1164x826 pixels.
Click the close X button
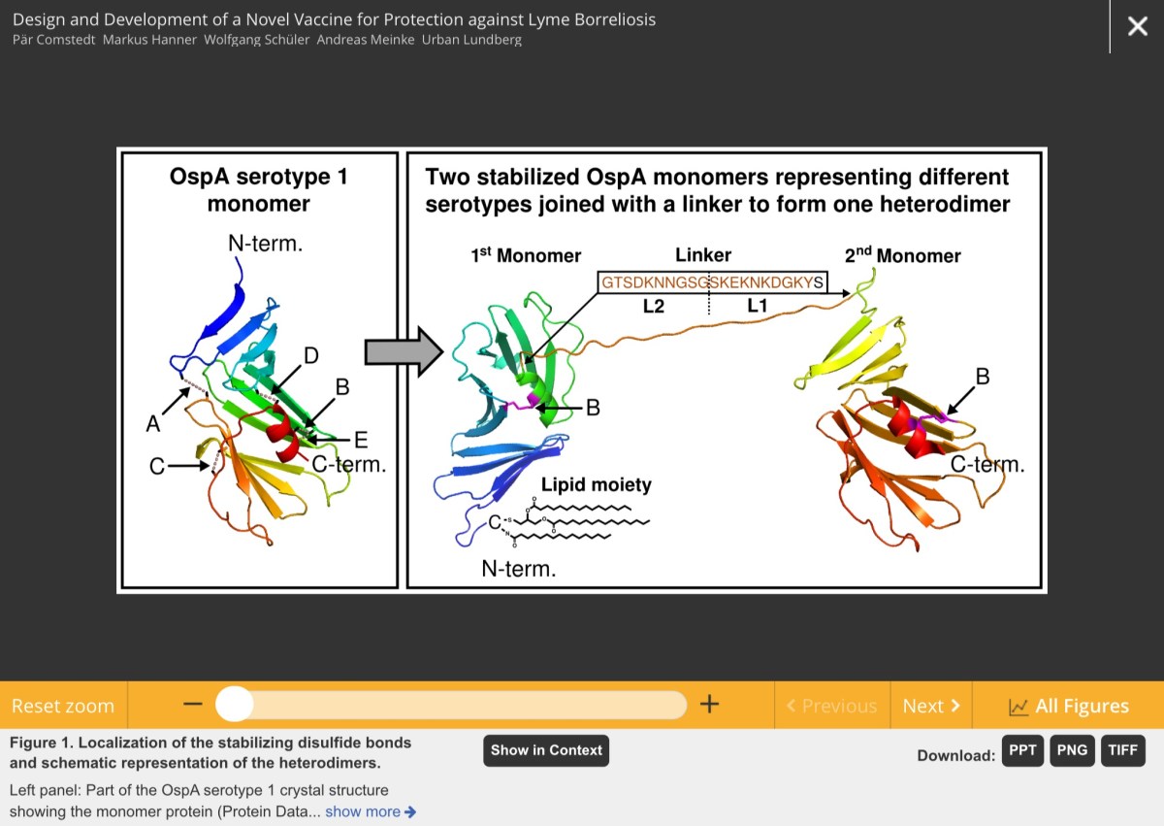click(1137, 26)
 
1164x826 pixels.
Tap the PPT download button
click(1022, 750)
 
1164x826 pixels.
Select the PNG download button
click(1072, 750)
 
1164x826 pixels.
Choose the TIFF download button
click(1122, 750)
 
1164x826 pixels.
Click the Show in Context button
click(546, 750)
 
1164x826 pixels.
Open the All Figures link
click(1069, 706)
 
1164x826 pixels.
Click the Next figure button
click(930, 706)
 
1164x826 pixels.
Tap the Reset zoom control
click(63, 706)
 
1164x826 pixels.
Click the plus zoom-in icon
click(709, 705)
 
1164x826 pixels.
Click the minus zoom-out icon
click(193, 705)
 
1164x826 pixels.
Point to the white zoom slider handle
click(234, 705)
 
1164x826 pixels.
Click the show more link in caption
click(370, 811)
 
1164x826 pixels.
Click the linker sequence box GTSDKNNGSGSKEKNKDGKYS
click(712, 282)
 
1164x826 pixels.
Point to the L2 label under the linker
click(654, 307)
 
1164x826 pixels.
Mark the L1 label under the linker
click(757, 307)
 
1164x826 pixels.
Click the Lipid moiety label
click(596, 484)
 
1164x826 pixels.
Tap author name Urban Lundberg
click(471, 40)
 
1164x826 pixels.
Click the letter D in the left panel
click(311, 355)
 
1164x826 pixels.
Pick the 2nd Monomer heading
click(902, 255)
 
